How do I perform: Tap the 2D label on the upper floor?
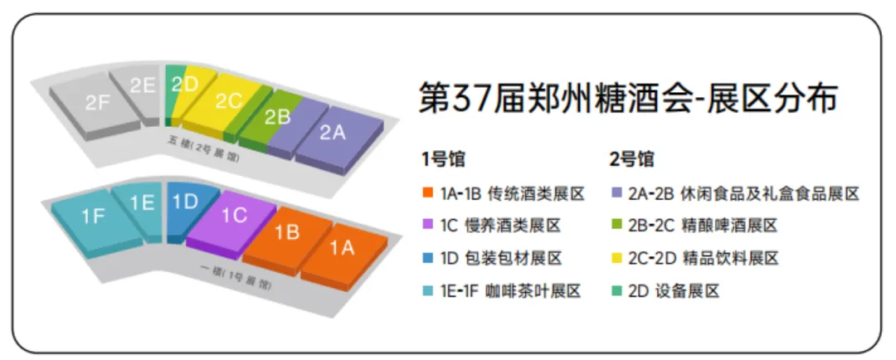(184, 83)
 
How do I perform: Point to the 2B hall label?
(277, 117)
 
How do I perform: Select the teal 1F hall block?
(94, 217)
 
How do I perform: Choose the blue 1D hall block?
(184, 201)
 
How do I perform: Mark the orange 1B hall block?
(286, 232)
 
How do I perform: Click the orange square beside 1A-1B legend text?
(427, 194)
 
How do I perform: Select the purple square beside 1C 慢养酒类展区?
(427, 226)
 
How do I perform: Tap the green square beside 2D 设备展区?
(615, 291)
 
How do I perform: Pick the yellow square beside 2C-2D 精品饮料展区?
(615, 259)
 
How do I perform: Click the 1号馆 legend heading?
(443, 158)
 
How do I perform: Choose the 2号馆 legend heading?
(631, 158)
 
